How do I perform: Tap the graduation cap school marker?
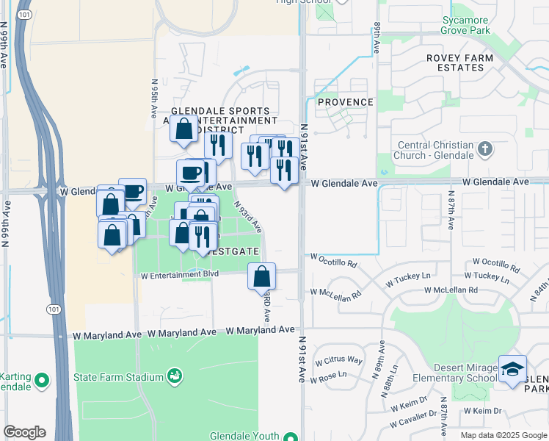click(512, 368)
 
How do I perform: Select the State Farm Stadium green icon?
click(175, 376)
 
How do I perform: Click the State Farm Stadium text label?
click(117, 378)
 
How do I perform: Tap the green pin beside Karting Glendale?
click(42, 380)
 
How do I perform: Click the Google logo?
click(24, 432)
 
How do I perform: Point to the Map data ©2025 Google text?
click(503, 435)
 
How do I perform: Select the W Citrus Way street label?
click(339, 360)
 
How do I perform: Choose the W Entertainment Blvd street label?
click(180, 275)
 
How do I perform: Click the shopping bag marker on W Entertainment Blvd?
click(262, 276)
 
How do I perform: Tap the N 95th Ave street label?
click(154, 99)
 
